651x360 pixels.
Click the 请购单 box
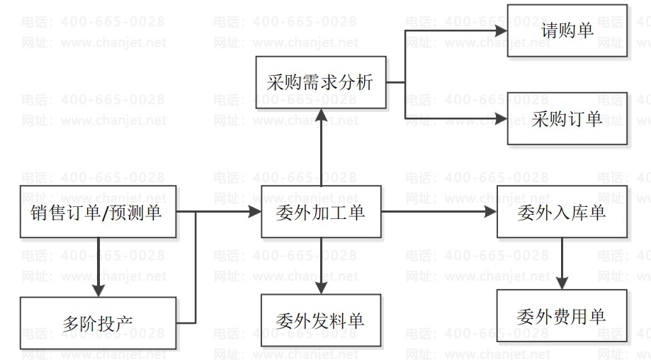[x=567, y=30]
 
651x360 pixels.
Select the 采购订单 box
[x=567, y=118]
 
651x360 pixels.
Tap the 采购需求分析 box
[x=320, y=83]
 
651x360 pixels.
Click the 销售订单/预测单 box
[x=97, y=211]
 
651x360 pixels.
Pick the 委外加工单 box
[x=321, y=211]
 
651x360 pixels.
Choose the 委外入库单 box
[x=562, y=211]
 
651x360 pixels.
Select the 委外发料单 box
[x=321, y=321]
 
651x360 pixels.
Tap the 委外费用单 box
[x=562, y=316]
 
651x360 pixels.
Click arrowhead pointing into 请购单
[x=502, y=30]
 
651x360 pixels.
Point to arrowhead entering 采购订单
[x=502, y=118]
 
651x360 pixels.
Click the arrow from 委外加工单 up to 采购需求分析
[x=321, y=149]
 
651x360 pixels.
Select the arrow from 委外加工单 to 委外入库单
[x=439, y=211]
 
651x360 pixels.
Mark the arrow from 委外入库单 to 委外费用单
[x=562, y=262]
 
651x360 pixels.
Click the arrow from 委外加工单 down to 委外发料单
[x=321, y=266]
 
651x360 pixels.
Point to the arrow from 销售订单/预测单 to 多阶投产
[x=98, y=266]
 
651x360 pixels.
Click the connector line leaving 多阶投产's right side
[x=186, y=323]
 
